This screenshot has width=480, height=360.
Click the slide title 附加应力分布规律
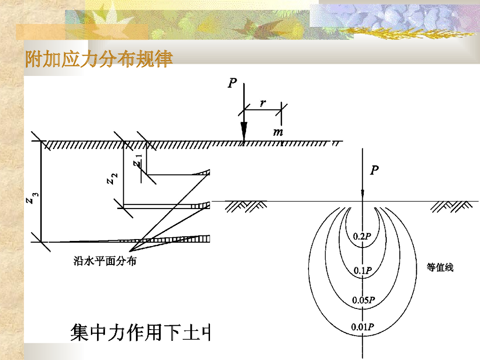coord(99,60)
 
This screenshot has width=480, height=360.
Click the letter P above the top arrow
coord(232,83)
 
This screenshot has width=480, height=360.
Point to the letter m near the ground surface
coord(278,132)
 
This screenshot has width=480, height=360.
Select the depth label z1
coord(136,160)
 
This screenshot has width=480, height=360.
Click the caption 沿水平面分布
coord(105,261)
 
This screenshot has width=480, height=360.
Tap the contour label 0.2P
coord(362,236)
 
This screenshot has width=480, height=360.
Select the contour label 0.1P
coord(362,270)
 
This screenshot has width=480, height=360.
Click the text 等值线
coord(440,268)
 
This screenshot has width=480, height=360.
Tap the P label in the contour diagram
coord(374,171)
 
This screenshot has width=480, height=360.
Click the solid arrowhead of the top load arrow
coord(244,130)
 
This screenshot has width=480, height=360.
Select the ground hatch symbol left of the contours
coord(246,206)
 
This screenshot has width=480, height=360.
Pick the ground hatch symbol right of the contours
coord(452,205)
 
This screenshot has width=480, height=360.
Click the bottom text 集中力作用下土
coord(141,332)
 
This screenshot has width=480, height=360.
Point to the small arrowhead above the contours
coord(362,194)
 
